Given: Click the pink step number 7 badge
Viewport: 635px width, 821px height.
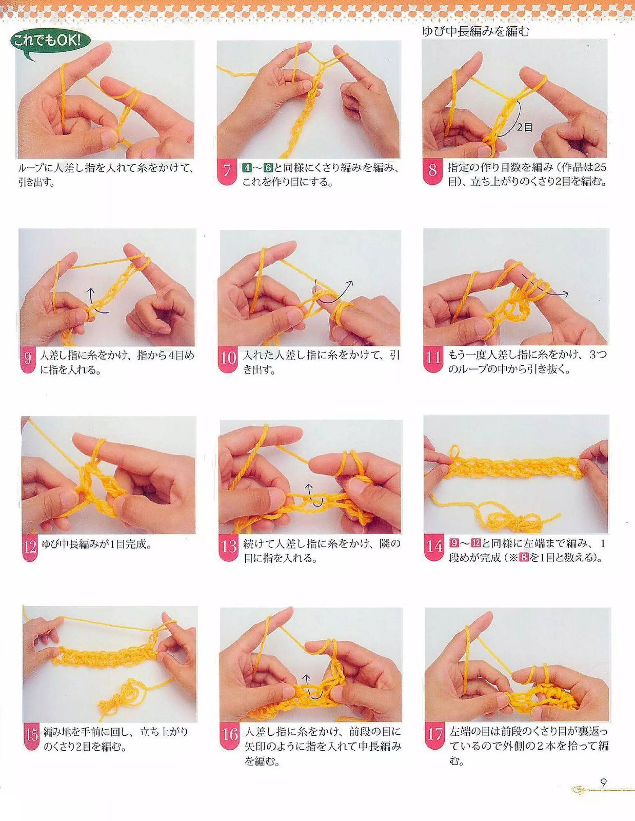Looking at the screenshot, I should pyautogui.click(x=227, y=171).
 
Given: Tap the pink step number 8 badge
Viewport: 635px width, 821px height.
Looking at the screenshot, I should pyautogui.click(x=432, y=171).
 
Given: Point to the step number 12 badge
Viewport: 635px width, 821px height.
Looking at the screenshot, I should pyautogui.click(x=30, y=546).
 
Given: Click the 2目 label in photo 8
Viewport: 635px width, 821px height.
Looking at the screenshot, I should pyautogui.click(x=525, y=127).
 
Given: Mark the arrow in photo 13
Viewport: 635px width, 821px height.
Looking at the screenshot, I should pyautogui.click(x=313, y=496).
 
